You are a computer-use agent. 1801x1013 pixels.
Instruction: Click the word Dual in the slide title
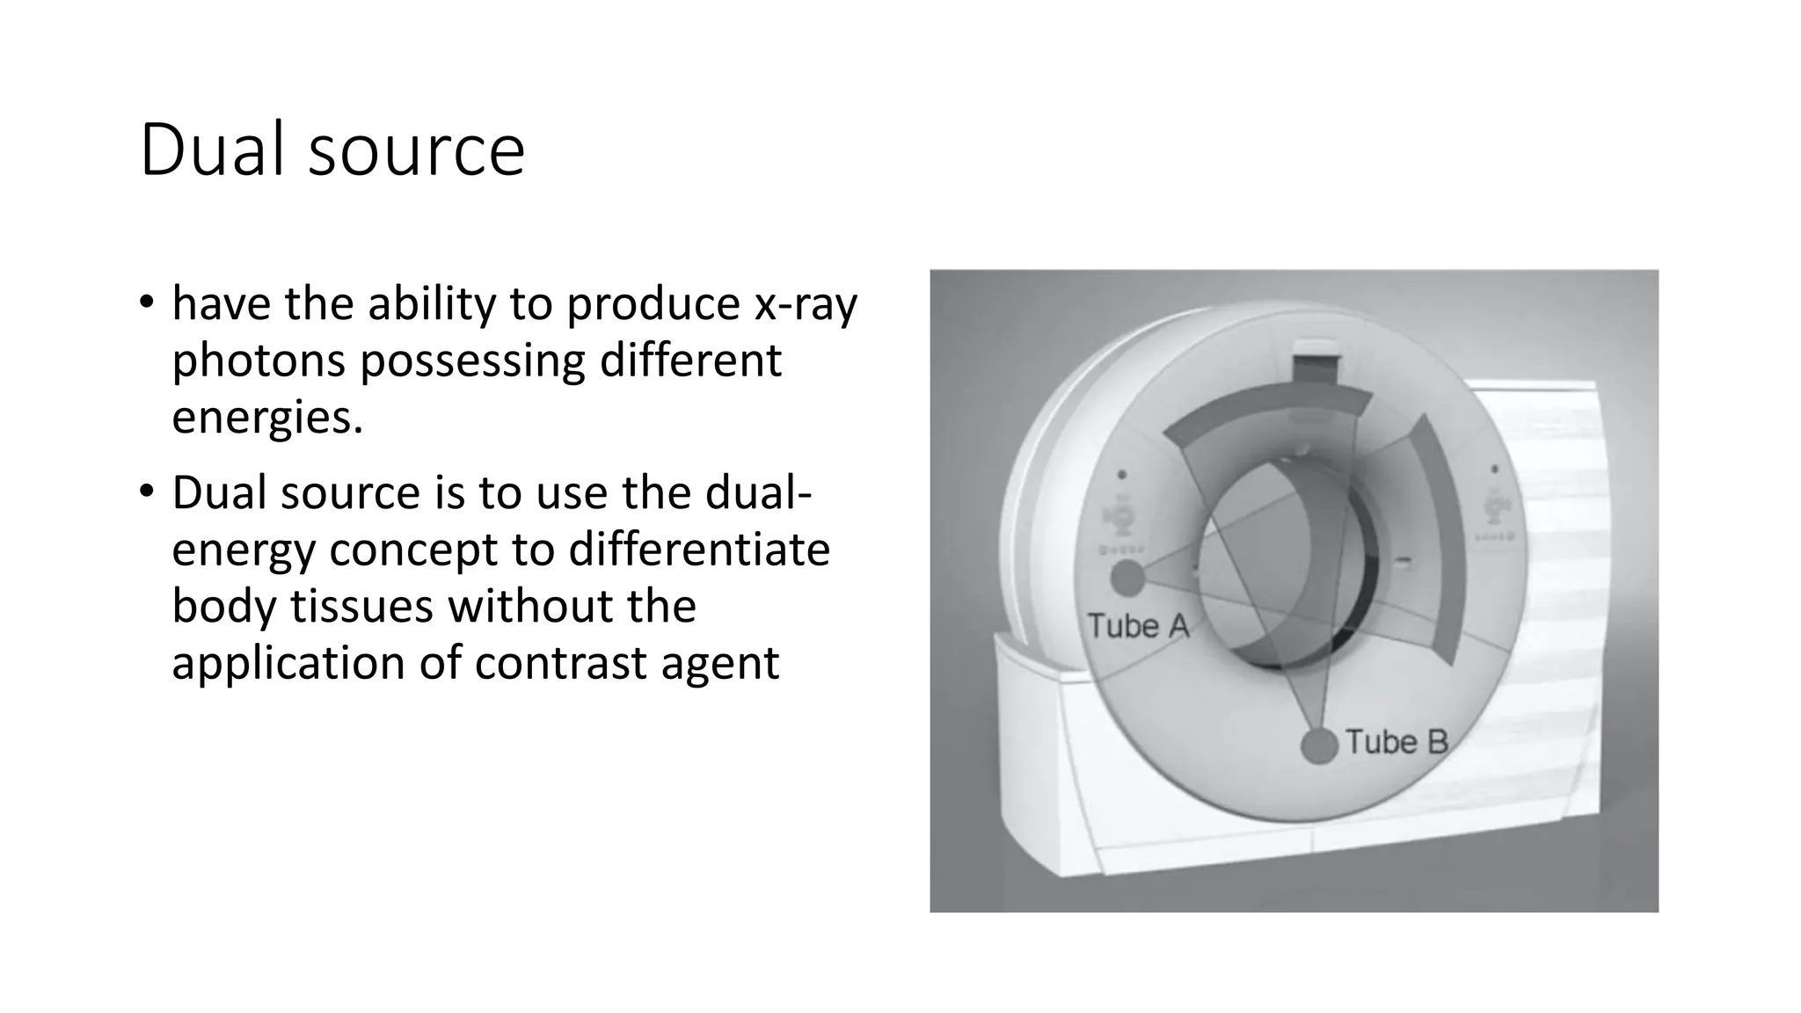point(212,150)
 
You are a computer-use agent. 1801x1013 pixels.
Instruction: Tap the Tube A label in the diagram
point(1138,627)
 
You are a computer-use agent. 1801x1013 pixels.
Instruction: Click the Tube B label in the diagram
point(1396,743)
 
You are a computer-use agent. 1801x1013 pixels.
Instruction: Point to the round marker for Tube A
point(1127,579)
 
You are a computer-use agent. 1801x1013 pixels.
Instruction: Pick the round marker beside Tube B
point(1318,746)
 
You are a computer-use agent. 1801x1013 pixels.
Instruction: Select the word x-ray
point(806,304)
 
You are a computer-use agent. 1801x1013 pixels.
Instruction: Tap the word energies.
point(267,417)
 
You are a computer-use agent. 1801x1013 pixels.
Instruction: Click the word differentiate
point(699,550)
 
